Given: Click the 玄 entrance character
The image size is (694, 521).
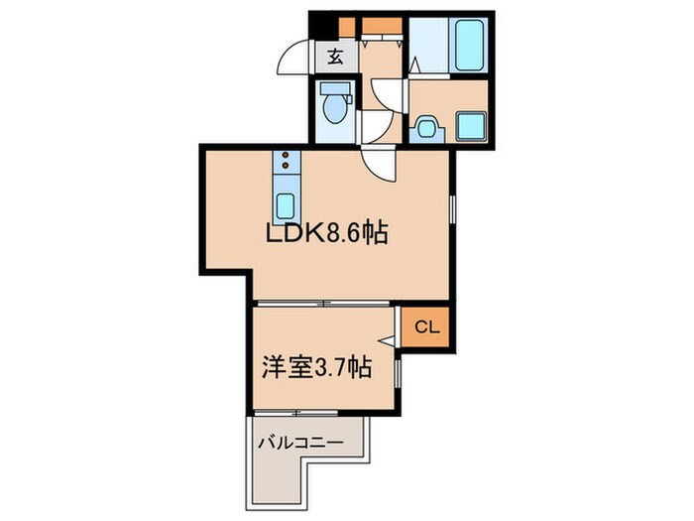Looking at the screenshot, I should click(x=334, y=57).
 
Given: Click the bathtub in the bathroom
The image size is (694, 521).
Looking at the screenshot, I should click(x=469, y=44).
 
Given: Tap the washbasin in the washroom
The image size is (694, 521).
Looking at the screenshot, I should click(x=426, y=127).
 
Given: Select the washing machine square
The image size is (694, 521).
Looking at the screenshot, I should click(x=468, y=127).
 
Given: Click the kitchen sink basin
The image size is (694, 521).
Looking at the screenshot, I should click(x=285, y=205).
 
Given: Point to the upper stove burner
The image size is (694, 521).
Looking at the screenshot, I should click(x=285, y=156).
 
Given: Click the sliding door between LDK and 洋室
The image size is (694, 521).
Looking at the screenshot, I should click(x=327, y=302).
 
